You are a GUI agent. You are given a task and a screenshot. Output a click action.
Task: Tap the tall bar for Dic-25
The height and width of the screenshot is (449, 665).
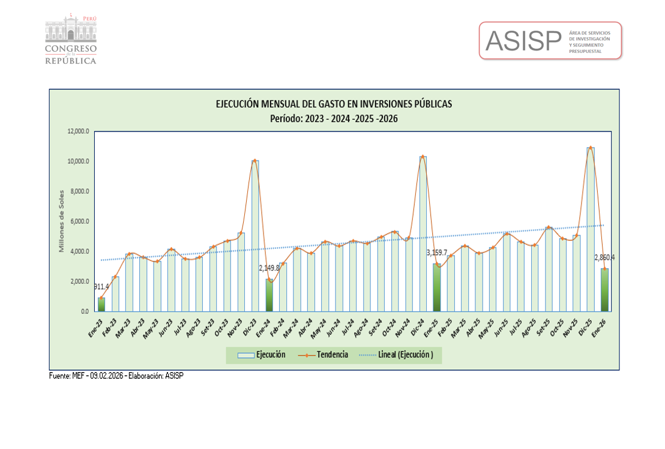pos(591,229)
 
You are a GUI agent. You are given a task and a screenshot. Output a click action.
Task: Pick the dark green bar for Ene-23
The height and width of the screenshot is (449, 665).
pos(101,304)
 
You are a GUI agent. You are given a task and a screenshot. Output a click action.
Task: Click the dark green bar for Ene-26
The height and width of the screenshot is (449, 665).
pos(604,290)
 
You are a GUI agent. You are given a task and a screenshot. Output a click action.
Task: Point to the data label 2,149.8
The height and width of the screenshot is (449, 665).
pos(268,269)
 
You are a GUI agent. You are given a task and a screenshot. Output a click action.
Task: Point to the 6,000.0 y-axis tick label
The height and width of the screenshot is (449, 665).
pos(80,221)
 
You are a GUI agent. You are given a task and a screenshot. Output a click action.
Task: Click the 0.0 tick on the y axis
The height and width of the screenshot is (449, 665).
pos(85,311)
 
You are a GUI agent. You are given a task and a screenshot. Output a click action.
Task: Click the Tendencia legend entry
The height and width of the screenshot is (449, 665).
pos(324,355)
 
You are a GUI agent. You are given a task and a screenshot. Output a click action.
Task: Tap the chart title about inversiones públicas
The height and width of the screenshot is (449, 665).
pos(334,104)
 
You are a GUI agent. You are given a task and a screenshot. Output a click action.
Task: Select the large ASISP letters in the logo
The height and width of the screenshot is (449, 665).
pos(523,41)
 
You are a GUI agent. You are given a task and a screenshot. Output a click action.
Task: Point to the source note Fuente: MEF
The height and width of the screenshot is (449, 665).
pos(116,376)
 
